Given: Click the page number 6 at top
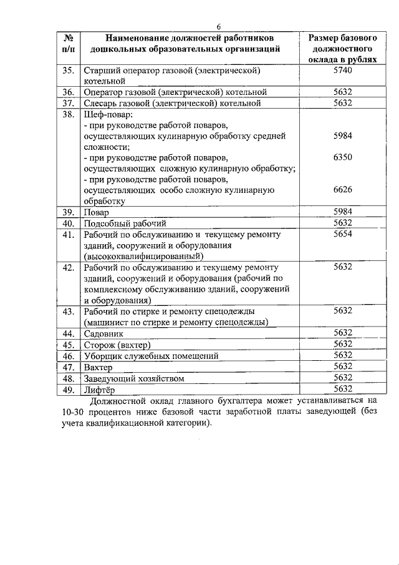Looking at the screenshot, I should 219,26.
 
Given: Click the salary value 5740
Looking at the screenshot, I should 343,71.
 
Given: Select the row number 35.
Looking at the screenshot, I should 69,71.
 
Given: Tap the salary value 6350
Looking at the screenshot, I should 343,157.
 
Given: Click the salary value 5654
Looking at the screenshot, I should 343,234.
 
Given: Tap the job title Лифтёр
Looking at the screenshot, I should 99,389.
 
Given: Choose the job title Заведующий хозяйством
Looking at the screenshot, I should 134,378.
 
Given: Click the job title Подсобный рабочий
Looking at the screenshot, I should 122,223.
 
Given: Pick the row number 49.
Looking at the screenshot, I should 69,389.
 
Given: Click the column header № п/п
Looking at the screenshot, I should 69,42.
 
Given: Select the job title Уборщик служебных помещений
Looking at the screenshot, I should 151,356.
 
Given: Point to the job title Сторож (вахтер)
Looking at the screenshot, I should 118,345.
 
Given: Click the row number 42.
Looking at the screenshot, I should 69,267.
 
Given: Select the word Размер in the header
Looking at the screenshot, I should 325,37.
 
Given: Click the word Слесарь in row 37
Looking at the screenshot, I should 102,103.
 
